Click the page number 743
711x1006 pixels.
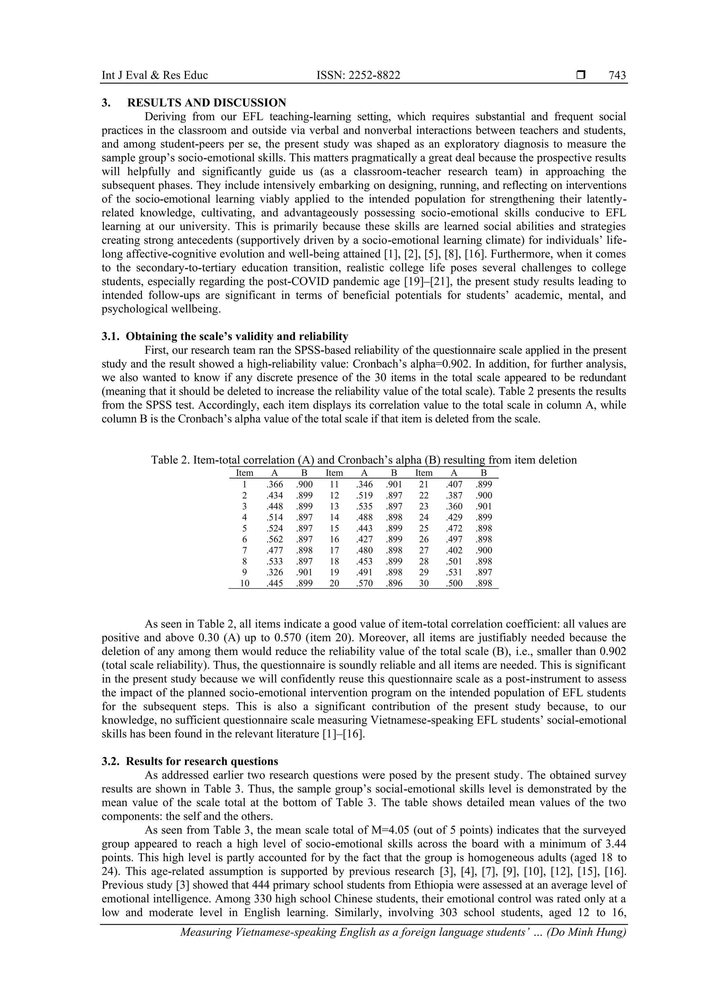(617, 75)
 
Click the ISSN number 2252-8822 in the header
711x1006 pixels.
(358, 75)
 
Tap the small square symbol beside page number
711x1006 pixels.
(581, 75)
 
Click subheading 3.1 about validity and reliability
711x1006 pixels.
(225, 336)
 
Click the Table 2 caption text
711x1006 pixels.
(363, 460)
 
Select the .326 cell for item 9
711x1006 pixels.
(274, 573)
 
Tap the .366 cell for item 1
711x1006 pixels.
(274, 485)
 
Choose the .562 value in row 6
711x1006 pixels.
(274, 539)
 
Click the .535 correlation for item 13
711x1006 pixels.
(364, 507)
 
